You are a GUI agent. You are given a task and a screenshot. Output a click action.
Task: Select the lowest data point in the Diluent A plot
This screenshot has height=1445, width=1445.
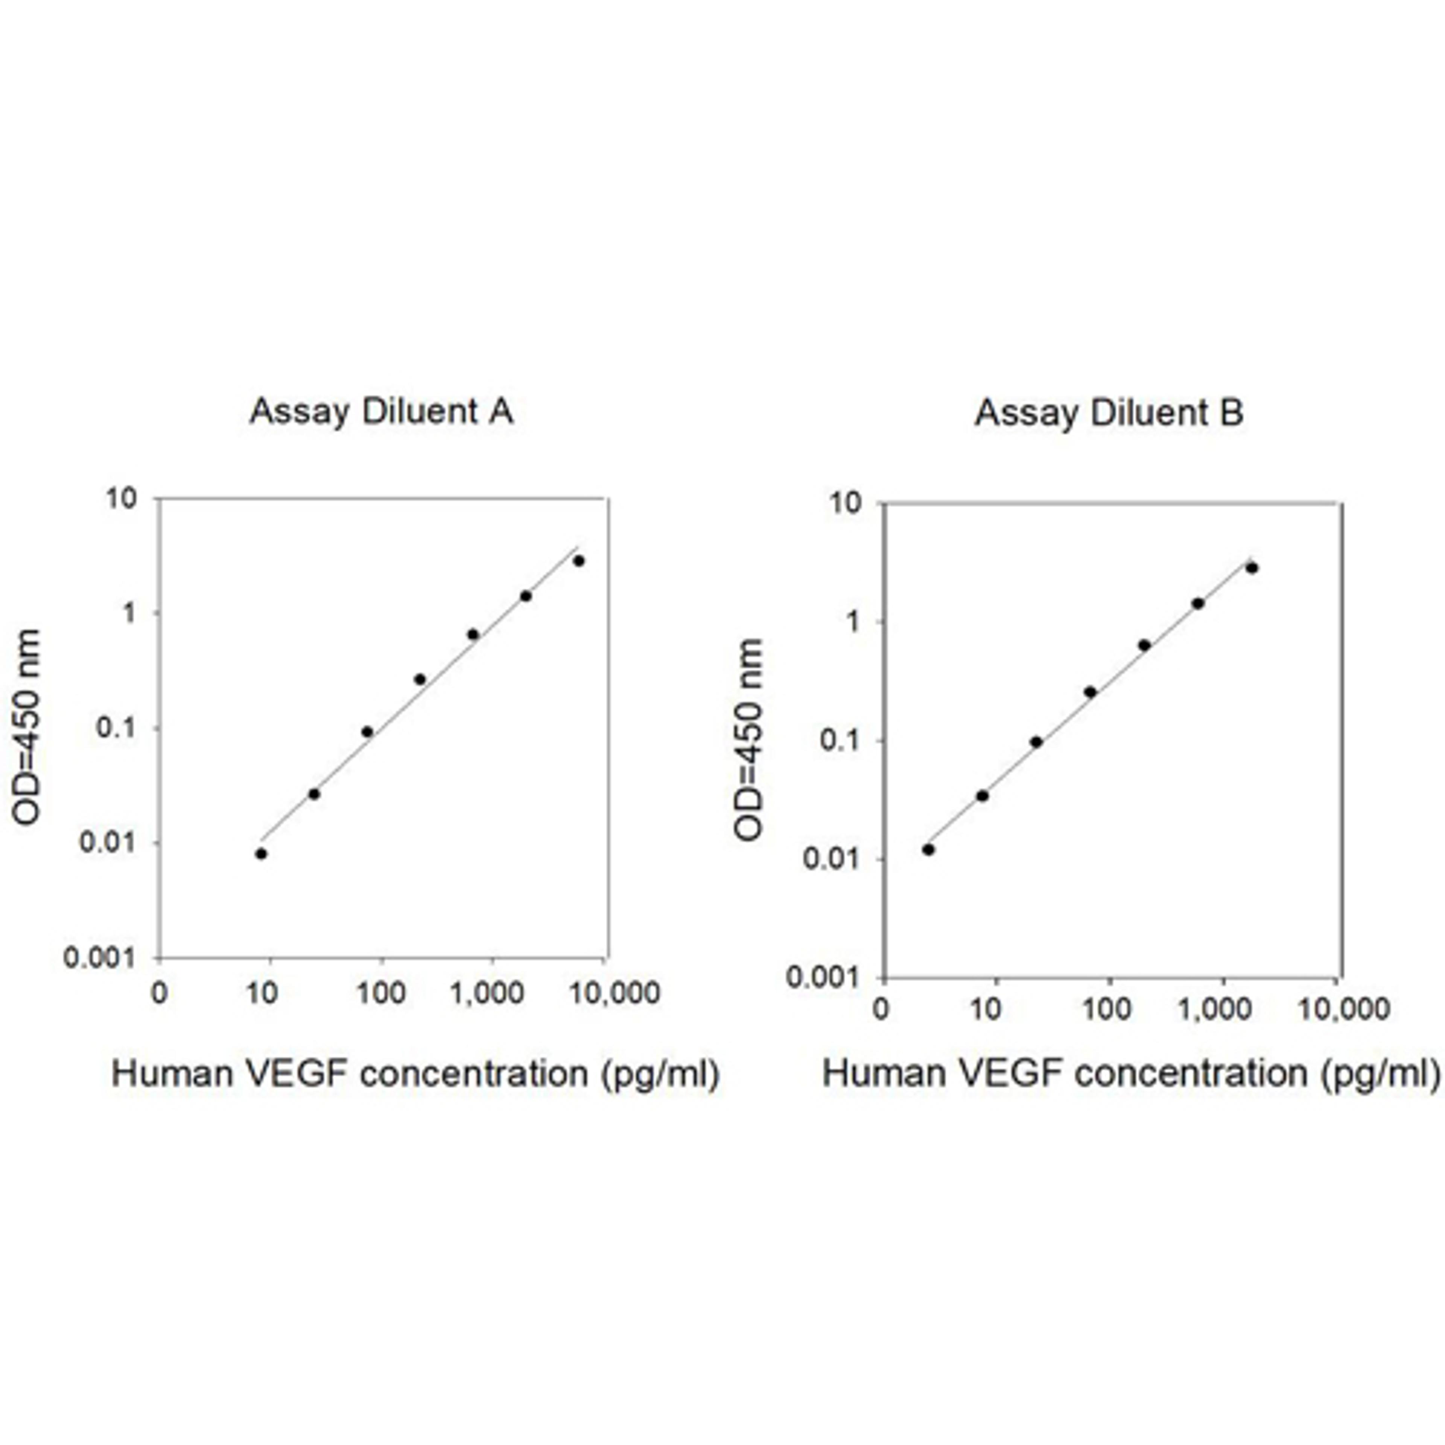pos(261,853)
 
